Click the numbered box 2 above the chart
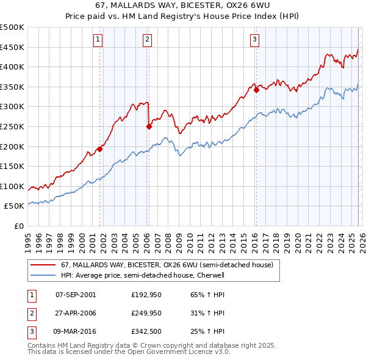(148, 40)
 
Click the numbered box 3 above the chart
(254, 40)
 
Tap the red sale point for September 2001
(99, 148)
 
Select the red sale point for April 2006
(149, 127)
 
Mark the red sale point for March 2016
(256, 90)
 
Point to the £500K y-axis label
(12, 27)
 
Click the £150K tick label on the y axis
(12, 166)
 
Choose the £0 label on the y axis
(20, 226)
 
